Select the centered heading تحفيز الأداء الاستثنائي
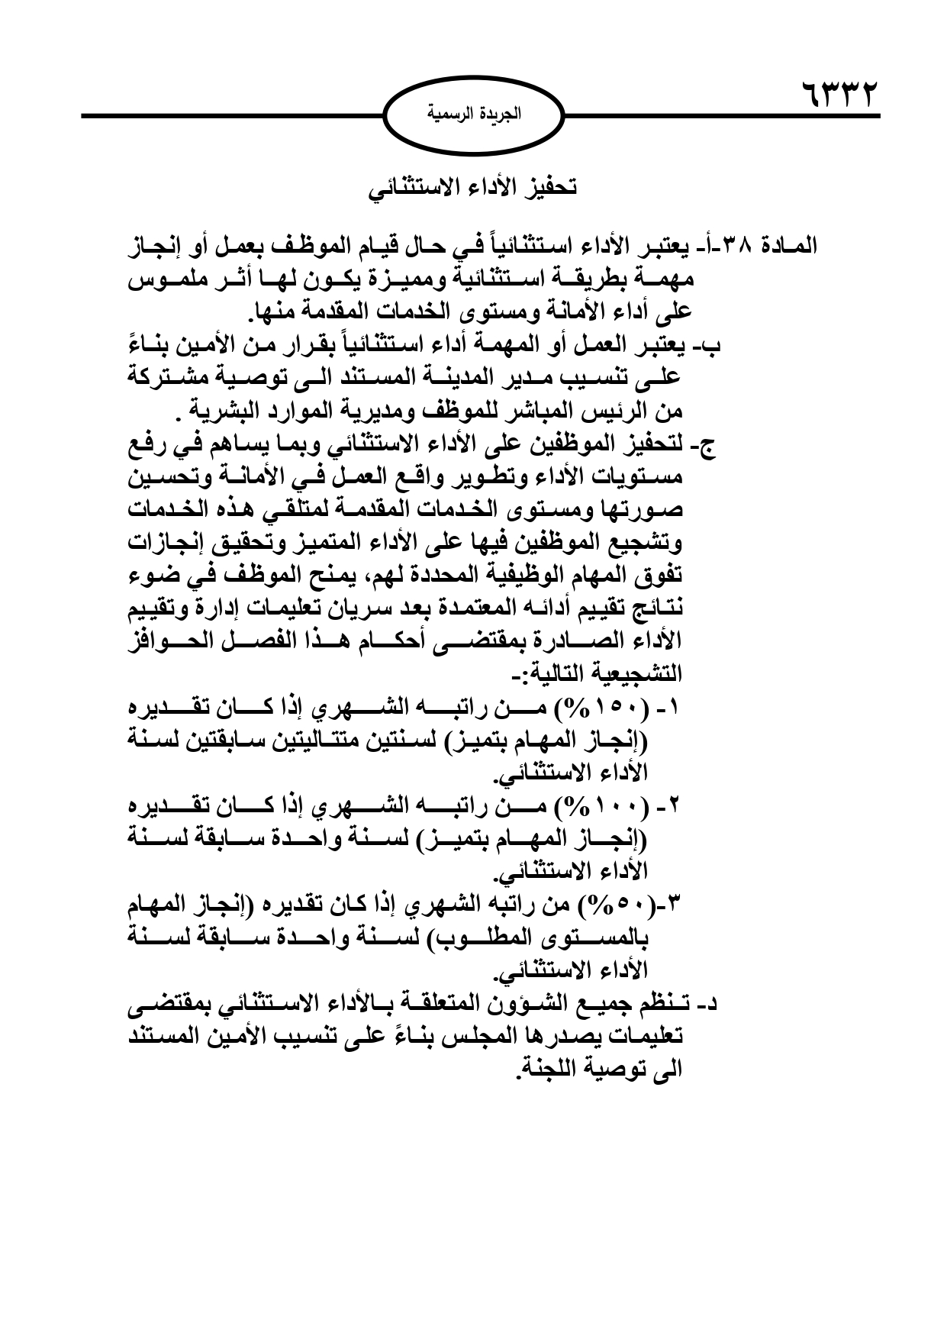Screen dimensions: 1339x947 tap(473, 188)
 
